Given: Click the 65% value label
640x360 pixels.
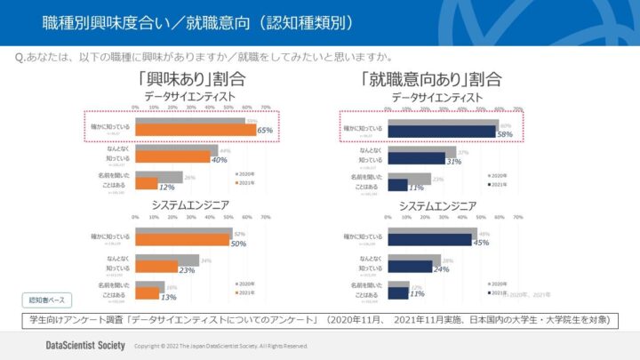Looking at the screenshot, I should click(x=264, y=131).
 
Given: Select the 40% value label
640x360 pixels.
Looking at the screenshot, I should click(x=219, y=160).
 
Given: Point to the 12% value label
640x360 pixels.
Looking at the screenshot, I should click(x=166, y=188).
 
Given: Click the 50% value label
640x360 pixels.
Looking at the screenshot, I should click(x=237, y=243).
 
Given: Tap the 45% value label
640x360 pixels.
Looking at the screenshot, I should click(x=481, y=243).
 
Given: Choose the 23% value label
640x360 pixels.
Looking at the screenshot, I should click(x=187, y=269).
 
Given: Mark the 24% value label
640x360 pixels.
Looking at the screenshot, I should click(x=442, y=269).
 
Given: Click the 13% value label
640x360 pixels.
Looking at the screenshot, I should click(x=168, y=297).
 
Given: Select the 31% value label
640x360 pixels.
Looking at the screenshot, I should click(x=453, y=162).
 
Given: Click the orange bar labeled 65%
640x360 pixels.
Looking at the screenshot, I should click(x=195, y=131).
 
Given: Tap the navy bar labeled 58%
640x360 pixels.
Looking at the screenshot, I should click(x=442, y=132).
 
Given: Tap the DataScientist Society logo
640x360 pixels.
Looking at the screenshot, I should click(x=85, y=345).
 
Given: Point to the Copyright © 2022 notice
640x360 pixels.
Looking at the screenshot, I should click(x=221, y=346).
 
